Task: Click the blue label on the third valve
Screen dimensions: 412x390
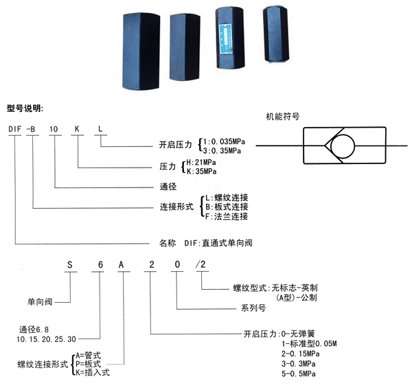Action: pos(225,38)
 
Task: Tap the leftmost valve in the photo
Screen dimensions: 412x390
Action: pos(141,51)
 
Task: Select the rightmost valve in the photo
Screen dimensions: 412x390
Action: pos(276,35)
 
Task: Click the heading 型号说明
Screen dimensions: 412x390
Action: pos(25,108)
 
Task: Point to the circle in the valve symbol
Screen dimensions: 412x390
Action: pos(343,146)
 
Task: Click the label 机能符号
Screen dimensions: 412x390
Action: pos(283,117)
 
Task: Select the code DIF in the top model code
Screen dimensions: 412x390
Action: pos(14,129)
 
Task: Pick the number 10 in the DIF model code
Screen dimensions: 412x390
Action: pos(54,129)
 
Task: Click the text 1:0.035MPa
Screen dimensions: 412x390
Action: pos(224,141)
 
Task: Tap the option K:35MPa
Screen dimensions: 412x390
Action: pos(201,172)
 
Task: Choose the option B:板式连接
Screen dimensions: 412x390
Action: pos(227,207)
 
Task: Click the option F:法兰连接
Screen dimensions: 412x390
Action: pos(227,216)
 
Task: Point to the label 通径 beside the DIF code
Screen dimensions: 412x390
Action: pos(168,187)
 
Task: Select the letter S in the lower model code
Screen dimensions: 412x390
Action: pos(69,264)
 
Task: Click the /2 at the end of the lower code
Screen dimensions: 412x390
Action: pos(201,264)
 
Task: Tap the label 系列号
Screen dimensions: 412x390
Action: pos(253,308)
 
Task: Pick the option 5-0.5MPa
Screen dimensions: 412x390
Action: pos(299,374)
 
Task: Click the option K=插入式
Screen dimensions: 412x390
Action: pos(93,372)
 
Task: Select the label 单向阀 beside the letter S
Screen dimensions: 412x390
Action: pos(40,301)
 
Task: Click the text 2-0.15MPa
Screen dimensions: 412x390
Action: pos(301,354)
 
